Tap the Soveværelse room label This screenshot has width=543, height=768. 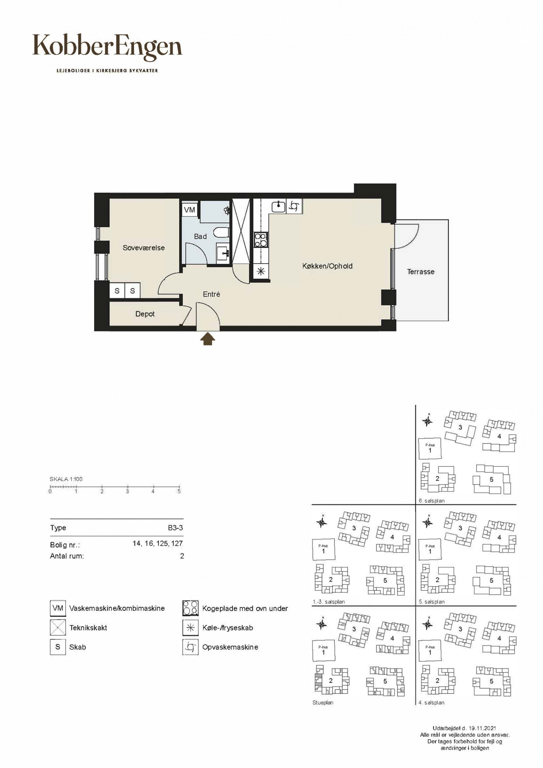pos(143,248)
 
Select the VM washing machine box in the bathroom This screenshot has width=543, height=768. pos(190,210)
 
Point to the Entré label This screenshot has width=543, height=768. pos(211,294)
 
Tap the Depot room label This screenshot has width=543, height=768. pos(145,314)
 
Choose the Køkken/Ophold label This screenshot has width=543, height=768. pos(327,266)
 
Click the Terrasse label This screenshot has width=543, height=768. pos(421,271)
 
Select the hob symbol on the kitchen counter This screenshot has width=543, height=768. pos(261,240)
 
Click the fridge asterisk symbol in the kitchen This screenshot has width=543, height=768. pos(261,271)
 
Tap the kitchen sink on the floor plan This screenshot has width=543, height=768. pos(278,206)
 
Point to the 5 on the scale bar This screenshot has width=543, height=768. pos(179,491)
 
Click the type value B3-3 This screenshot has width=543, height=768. pos(175,528)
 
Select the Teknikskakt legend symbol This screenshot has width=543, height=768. pos(58,628)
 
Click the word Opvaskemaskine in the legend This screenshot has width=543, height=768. pos(230,647)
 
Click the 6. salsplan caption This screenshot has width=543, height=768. pos(432,501)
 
